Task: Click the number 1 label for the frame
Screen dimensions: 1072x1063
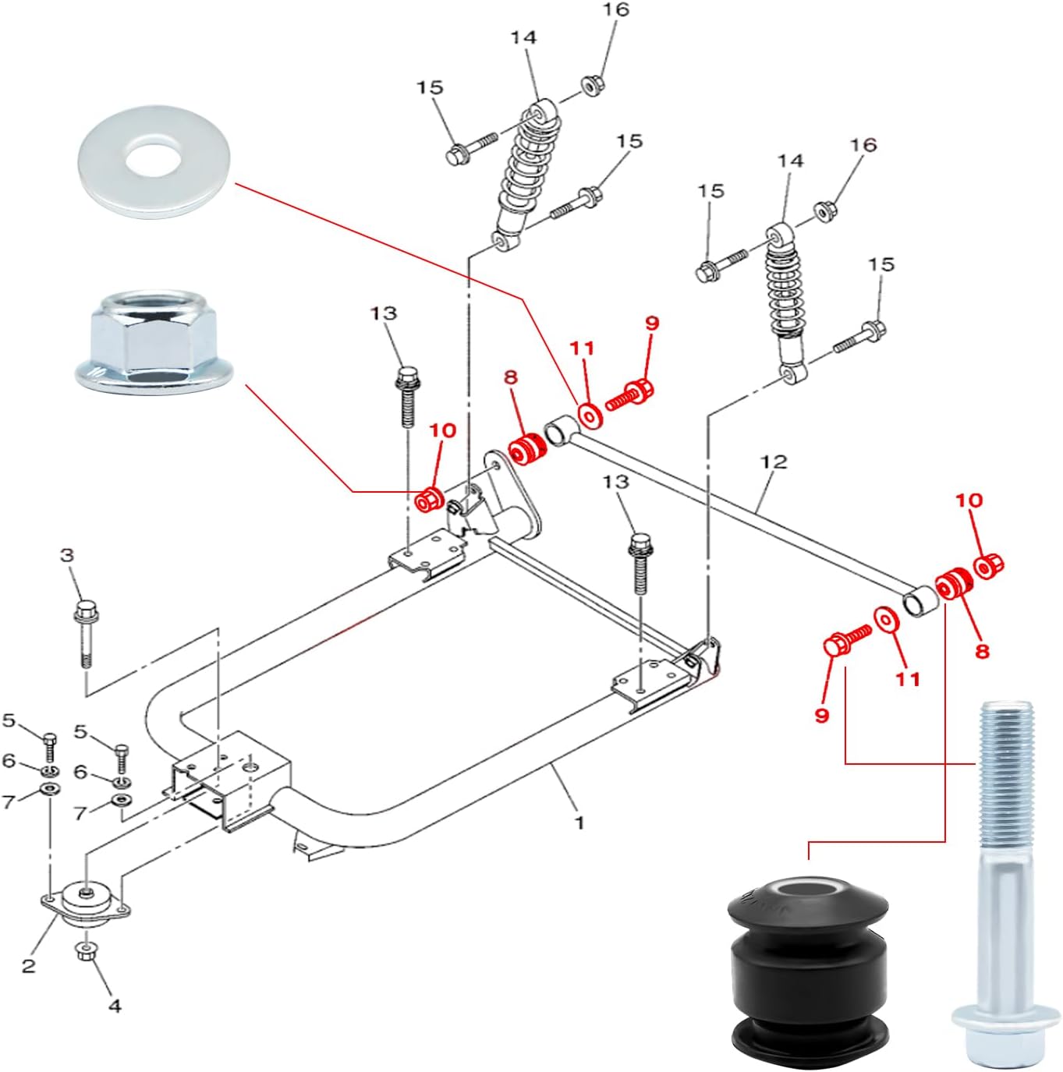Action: (579, 823)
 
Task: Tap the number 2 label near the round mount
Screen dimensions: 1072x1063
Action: (29, 966)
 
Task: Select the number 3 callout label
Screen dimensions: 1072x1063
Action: (67, 555)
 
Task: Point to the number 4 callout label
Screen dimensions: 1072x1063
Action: (115, 1006)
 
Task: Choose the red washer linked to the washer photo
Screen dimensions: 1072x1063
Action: (589, 415)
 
